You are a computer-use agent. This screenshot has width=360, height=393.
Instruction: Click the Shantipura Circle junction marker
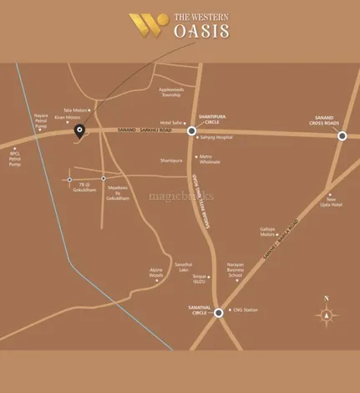point(192,130)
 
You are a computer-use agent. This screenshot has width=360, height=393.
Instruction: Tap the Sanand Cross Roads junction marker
point(342,135)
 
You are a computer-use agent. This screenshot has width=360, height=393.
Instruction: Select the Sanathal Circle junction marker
point(219,313)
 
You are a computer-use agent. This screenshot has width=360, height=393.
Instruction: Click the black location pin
point(80,130)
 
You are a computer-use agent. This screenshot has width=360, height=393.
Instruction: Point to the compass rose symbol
point(327,315)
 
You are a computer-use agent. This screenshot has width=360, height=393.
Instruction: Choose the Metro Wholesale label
point(212,160)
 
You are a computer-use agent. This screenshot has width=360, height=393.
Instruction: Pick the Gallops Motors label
point(267,230)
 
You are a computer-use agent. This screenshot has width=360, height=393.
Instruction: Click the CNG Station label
point(246,310)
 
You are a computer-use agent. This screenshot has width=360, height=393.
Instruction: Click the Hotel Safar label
point(170,122)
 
